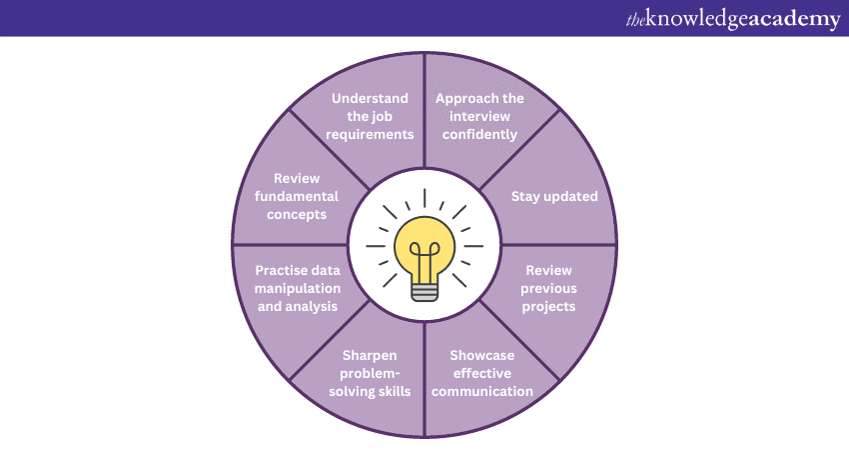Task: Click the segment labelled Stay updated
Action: (x=554, y=196)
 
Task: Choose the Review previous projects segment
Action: (x=548, y=288)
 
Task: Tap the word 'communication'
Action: (x=490, y=391)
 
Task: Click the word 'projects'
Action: (x=548, y=306)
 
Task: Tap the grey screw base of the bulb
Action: (x=424, y=290)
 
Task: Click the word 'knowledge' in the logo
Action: (x=698, y=19)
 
